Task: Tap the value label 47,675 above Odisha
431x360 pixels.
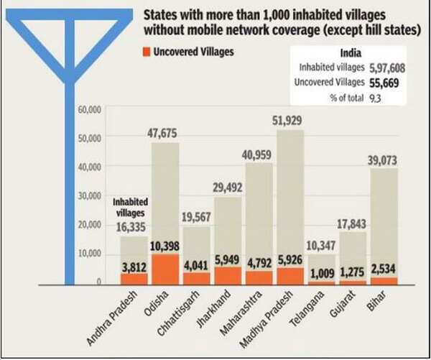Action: [x=165, y=134]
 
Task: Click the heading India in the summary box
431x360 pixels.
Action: [x=350, y=53]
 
